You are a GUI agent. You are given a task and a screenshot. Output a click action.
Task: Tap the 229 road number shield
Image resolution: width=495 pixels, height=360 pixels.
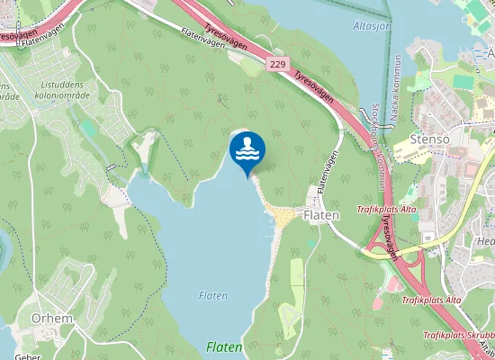click(x=277, y=65)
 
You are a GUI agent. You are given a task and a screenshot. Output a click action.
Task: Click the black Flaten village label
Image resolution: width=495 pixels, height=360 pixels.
click(x=321, y=216)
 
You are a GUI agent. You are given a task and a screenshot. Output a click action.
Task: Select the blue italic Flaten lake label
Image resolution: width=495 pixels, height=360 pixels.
click(x=212, y=295)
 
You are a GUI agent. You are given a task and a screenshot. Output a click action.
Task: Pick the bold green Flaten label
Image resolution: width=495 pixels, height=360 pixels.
click(x=224, y=346)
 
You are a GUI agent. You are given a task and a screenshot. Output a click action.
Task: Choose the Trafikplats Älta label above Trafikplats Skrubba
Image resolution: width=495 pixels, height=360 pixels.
click(x=431, y=300)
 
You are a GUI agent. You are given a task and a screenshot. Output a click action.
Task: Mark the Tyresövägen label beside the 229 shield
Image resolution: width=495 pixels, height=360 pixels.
click(x=312, y=82)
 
